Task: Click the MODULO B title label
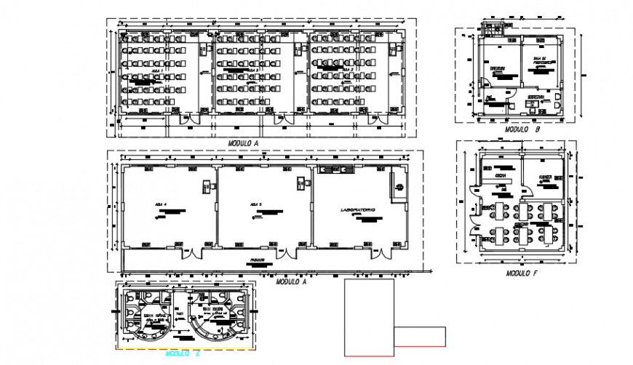coord(522,129)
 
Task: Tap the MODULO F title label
coord(522,273)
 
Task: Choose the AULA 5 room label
coord(254,204)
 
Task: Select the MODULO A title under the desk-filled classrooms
coord(244,143)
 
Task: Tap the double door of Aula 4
coord(191,253)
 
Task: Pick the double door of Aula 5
coord(284,253)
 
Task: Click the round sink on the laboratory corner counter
coord(399,188)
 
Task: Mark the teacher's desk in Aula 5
coord(300,182)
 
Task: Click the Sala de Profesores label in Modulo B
coord(541,63)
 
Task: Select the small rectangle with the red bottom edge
coord(420,337)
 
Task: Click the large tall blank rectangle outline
coord(369,317)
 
